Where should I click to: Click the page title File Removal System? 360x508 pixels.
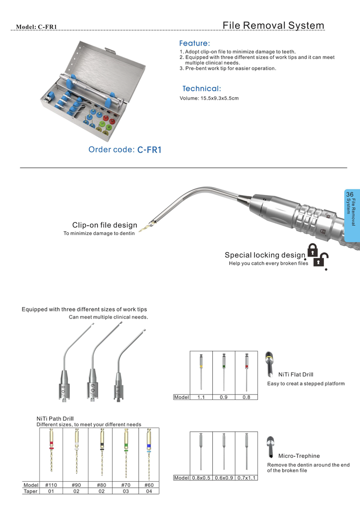[x=273, y=25]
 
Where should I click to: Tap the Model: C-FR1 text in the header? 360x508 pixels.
[x=37, y=27]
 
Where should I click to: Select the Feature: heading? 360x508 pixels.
[x=194, y=44]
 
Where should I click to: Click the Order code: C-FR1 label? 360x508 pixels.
[x=125, y=149]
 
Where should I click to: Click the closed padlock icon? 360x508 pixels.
[x=312, y=250]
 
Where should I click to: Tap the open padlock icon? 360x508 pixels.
[x=323, y=259]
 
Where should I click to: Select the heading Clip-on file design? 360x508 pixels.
[x=105, y=225]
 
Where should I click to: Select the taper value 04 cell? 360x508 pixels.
[x=149, y=491]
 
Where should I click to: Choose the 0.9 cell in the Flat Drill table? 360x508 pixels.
[x=224, y=397]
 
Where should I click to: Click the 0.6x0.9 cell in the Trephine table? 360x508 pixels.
[x=224, y=478]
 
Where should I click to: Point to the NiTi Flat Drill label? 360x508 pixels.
[x=296, y=375]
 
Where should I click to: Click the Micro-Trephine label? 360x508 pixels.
[x=299, y=455]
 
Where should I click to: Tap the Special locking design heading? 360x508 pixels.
[x=265, y=255]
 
